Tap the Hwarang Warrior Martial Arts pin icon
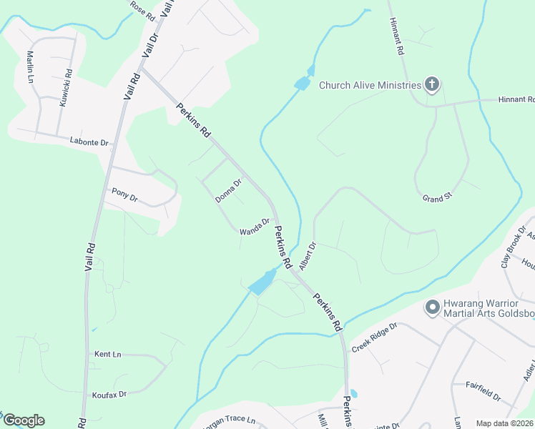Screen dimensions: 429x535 click(432, 308)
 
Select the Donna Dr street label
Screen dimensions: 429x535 click(229, 190)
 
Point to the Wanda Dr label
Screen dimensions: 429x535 click(254, 226)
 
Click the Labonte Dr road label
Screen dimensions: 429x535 click(89, 142)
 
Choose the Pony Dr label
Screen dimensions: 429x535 click(124, 194)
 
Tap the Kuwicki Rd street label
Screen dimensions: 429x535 click(65, 87)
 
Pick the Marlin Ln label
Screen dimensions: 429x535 click(31, 65)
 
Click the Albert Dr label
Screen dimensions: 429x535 click(308, 256)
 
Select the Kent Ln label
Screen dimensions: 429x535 click(108, 354)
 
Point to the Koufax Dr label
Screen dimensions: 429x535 click(109, 394)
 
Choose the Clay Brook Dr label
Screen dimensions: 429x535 click(513, 250)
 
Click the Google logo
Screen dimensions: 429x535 click(24, 420)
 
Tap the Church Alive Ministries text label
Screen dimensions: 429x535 click(370, 86)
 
